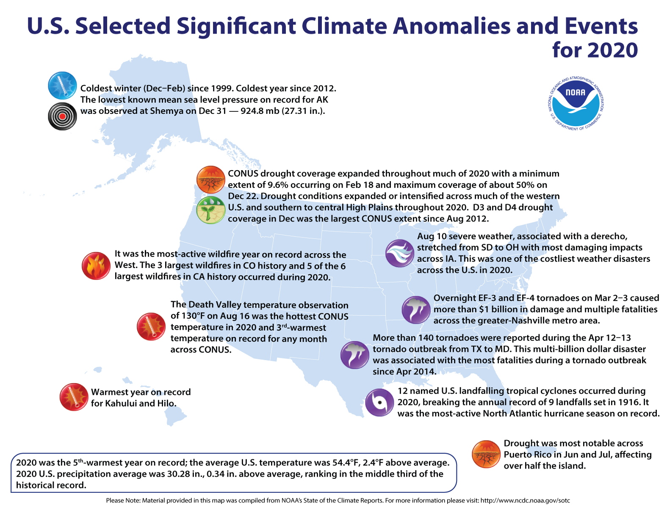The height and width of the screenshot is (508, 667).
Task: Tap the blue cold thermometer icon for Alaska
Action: coord(62,86)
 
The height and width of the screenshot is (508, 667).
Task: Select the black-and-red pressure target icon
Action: coord(62,116)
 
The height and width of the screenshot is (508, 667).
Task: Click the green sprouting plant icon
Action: coord(210,210)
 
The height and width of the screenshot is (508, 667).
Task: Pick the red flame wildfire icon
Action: coord(96,266)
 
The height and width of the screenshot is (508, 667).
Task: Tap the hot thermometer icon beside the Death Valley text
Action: coord(151,326)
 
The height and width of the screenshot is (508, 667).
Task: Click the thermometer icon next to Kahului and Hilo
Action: coord(74,397)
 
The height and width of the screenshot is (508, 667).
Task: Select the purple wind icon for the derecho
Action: coord(399,253)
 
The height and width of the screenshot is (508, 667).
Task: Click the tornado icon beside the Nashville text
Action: coord(416,309)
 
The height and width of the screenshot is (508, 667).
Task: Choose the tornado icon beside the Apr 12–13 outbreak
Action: coord(354,355)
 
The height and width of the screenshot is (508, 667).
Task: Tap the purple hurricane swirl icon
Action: coord(379,402)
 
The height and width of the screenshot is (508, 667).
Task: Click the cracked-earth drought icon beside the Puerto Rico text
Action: coord(486,454)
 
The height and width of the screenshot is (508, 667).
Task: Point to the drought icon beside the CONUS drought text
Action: coord(210,179)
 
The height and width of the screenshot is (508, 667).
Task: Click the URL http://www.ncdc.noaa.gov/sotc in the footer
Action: coord(525,500)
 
